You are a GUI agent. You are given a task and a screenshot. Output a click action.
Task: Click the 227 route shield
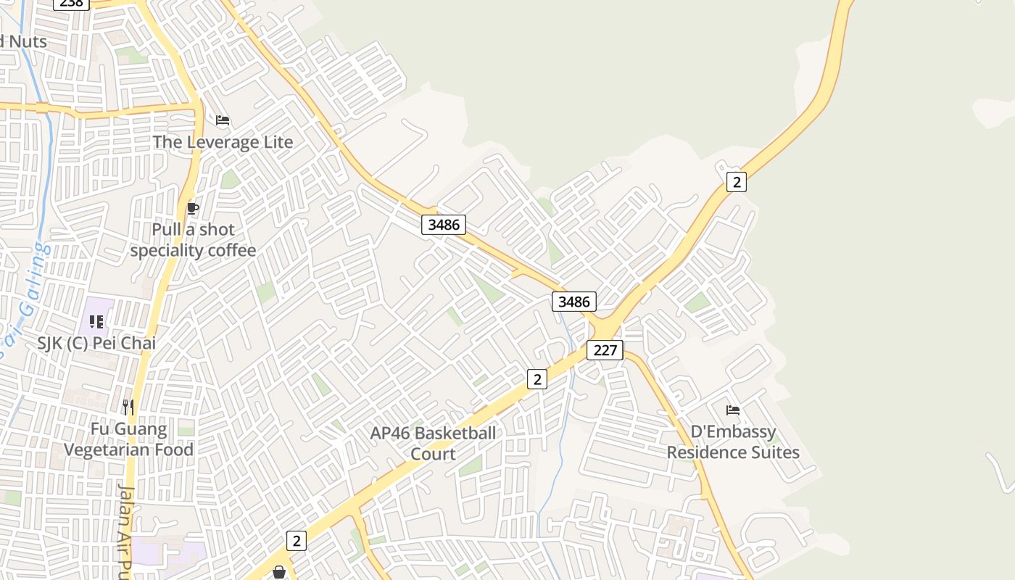tap(605, 350)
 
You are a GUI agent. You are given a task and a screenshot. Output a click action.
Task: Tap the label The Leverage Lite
tap(223, 142)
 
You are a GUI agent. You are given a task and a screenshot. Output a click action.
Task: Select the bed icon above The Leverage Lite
tap(223, 120)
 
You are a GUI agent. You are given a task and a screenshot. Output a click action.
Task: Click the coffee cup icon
tap(192, 209)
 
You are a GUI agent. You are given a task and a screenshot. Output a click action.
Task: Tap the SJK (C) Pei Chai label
tap(96, 343)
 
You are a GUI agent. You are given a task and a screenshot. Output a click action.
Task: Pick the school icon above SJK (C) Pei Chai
tap(96, 321)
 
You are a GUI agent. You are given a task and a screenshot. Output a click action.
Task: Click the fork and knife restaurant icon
tap(128, 407)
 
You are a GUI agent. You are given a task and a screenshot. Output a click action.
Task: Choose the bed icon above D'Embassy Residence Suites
tap(733, 410)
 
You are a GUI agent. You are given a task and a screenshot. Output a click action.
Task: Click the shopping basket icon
tap(278, 573)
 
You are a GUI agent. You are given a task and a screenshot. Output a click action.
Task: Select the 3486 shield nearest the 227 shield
tap(573, 301)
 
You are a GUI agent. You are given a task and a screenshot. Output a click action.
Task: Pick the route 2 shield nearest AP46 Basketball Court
tap(536, 378)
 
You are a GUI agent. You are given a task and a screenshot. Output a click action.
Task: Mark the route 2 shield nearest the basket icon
tap(296, 540)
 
